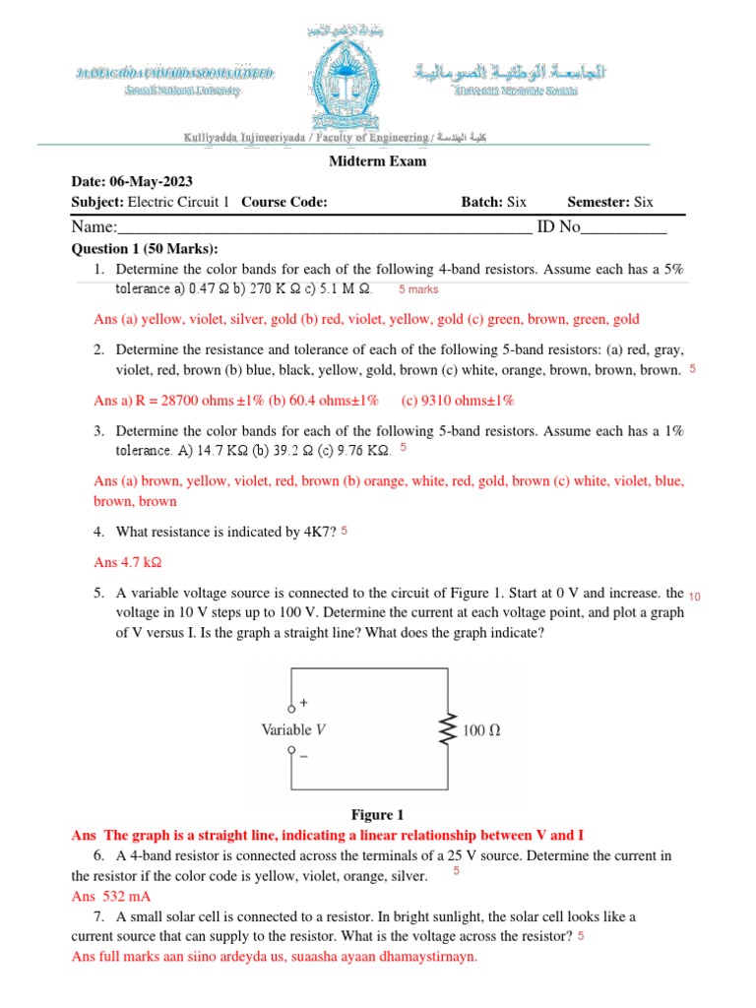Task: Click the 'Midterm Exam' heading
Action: pos(377,161)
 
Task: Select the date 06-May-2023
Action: pos(152,182)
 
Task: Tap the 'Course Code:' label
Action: pos(284,202)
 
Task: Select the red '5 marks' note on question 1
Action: pos(418,290)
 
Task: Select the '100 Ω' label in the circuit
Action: pos(481,730)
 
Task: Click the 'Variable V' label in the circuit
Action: pos(293,730)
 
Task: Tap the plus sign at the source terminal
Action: pos(302,703)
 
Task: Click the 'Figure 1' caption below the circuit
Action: pos(378,815)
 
